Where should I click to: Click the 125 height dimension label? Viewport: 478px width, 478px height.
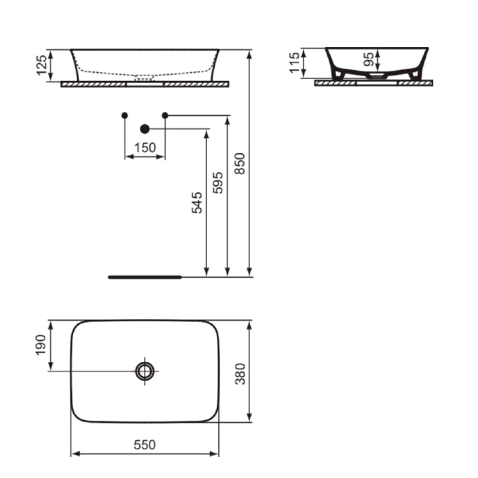point(41,65)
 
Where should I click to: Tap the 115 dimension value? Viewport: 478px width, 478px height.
point(295,63)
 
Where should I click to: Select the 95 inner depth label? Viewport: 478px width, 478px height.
point(368,59)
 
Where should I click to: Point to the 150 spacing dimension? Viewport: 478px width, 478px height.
point(145,148)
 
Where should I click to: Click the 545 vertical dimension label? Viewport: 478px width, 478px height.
point(197,203)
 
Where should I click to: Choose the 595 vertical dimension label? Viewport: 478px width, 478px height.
point(218,183)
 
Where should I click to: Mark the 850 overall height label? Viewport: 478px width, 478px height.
point(240,164)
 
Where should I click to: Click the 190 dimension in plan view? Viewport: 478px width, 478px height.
point(41,345)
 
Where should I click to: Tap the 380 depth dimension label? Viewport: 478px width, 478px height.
point(240,374)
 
